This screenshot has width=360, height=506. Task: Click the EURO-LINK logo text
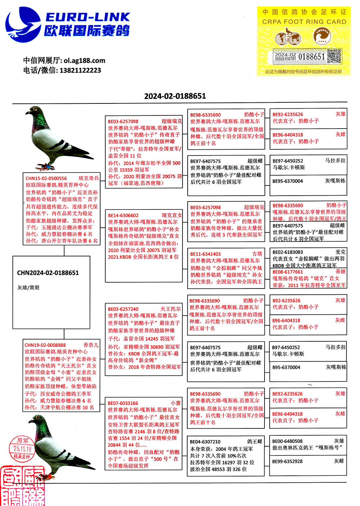[87, 17]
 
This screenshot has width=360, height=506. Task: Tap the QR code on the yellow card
[334, 56]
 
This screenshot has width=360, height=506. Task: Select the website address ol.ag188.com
[85, 60]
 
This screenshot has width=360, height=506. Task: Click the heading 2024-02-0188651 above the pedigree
[175, 96]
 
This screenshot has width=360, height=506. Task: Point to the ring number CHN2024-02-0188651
[48, 273]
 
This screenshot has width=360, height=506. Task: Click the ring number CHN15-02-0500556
[46, 179]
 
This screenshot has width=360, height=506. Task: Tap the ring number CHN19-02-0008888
[45, 345]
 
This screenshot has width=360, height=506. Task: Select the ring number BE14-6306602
[123, 215]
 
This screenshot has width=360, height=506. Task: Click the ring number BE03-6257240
[123, 309]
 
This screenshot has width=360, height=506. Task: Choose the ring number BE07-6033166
[123, 403]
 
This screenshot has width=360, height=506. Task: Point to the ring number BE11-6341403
[206, 254]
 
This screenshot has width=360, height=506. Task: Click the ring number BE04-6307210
[205, 442]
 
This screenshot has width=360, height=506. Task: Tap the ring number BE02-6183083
[287, 252]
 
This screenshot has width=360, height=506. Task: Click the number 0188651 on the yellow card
[311, 57]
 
